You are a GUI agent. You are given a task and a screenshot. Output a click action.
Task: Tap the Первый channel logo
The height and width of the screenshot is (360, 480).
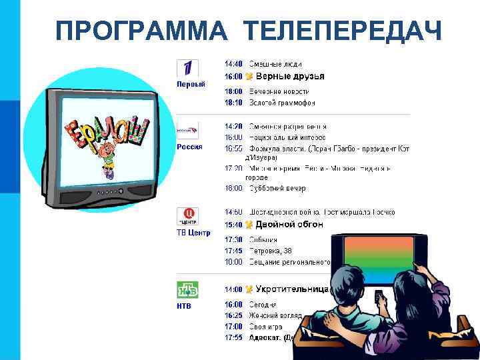click(x=187, y=67)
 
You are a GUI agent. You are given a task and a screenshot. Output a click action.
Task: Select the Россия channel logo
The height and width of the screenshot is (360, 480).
click(x=187, y=131)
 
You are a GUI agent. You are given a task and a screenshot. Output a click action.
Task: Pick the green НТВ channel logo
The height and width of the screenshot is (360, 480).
click(x=187, y=291)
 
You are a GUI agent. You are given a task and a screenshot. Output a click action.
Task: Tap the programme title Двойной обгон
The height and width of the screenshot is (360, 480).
click(x=289, y=225)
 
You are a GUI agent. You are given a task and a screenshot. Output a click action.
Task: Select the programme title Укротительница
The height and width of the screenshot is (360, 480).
click(x=293, y=289)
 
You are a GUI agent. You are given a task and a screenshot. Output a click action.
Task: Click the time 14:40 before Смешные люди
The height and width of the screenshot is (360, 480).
click(x=233, y=64)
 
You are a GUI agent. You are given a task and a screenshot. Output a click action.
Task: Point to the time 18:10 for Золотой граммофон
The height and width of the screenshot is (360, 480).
click(x=233, y=103)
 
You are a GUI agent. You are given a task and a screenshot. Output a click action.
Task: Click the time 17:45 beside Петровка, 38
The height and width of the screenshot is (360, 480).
click(x=233, y=251)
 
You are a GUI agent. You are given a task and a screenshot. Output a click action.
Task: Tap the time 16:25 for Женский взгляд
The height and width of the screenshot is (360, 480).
click(x=233, y=315)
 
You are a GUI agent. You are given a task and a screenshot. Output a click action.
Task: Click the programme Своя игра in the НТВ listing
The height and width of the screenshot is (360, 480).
click(x=265, y=327)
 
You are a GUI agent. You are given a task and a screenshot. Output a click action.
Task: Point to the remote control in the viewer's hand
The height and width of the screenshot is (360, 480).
click(x=379, y=295)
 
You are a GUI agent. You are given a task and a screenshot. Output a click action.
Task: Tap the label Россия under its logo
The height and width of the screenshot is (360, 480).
click(x=190, y=147)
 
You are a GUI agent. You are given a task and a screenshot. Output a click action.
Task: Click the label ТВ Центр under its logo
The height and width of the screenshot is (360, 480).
click(x=193, y=233)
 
